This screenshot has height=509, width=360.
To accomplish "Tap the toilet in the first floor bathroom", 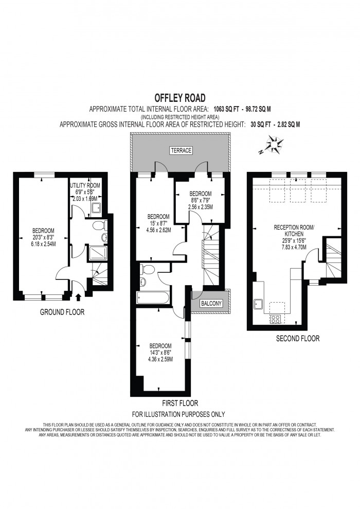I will pos(148,269).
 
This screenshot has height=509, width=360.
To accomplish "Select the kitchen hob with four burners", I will pos(276,319).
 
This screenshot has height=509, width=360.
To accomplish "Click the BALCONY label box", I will pos(211,304).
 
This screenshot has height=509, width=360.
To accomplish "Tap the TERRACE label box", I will pos(181,150).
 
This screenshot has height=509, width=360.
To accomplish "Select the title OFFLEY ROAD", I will pos(180,98).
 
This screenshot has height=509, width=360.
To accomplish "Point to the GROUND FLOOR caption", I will pos(62,312).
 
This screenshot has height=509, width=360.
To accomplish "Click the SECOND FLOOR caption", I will pos(298,338).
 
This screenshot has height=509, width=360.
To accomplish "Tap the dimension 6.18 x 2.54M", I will pos(44,244).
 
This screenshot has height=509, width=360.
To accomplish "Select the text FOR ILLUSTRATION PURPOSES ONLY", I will pos(178,414).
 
